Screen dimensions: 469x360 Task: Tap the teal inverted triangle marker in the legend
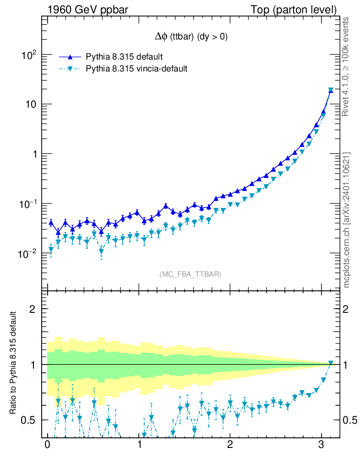click(x=70, y=69)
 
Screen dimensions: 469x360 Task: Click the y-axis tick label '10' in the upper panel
click(x=30, y=104)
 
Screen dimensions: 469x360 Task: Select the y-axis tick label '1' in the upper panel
click(x=34, y=154)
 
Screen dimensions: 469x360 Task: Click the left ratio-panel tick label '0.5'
click(x=31, y=420)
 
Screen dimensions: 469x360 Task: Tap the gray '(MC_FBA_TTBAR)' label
click(x=191, y=274)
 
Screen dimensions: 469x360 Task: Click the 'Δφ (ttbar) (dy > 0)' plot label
click(x=191, y=38)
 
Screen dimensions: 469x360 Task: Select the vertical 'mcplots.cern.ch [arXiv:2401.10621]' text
click(x=348, y=220)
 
